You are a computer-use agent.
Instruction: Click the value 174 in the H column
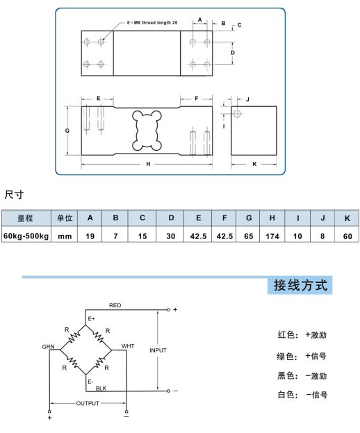tap(272, 236)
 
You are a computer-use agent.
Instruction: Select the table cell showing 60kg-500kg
tap(26, 236)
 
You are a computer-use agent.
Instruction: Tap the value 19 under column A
tap(90, 236)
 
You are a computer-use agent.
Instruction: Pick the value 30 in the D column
tap(170, 236)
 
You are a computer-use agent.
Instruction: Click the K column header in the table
tap(347, 218)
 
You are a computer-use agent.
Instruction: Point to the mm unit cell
tap(65, 237)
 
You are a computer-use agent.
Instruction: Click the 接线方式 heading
tap(300, 285)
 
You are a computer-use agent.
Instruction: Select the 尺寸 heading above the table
tap(14, 195)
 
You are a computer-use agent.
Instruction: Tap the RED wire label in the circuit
tap(115, 305)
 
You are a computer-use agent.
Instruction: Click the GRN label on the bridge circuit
tap(49, 347)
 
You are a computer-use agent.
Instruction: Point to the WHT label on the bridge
tap(128, 346)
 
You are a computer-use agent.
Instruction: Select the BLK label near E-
tap(101, 389)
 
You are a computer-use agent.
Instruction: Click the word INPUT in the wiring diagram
tap(158, 350)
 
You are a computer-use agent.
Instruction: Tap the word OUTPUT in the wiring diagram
tap(88, 403)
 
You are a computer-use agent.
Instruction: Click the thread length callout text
tap(152, 23)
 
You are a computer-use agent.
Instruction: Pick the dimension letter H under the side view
tap(148, 164)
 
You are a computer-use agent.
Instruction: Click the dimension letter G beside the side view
tap(67, 131)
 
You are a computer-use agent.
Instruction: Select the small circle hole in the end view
tap(237, 113)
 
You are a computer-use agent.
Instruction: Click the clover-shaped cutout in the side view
tap(147, 131)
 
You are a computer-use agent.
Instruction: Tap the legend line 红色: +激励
tap(302, 335)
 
